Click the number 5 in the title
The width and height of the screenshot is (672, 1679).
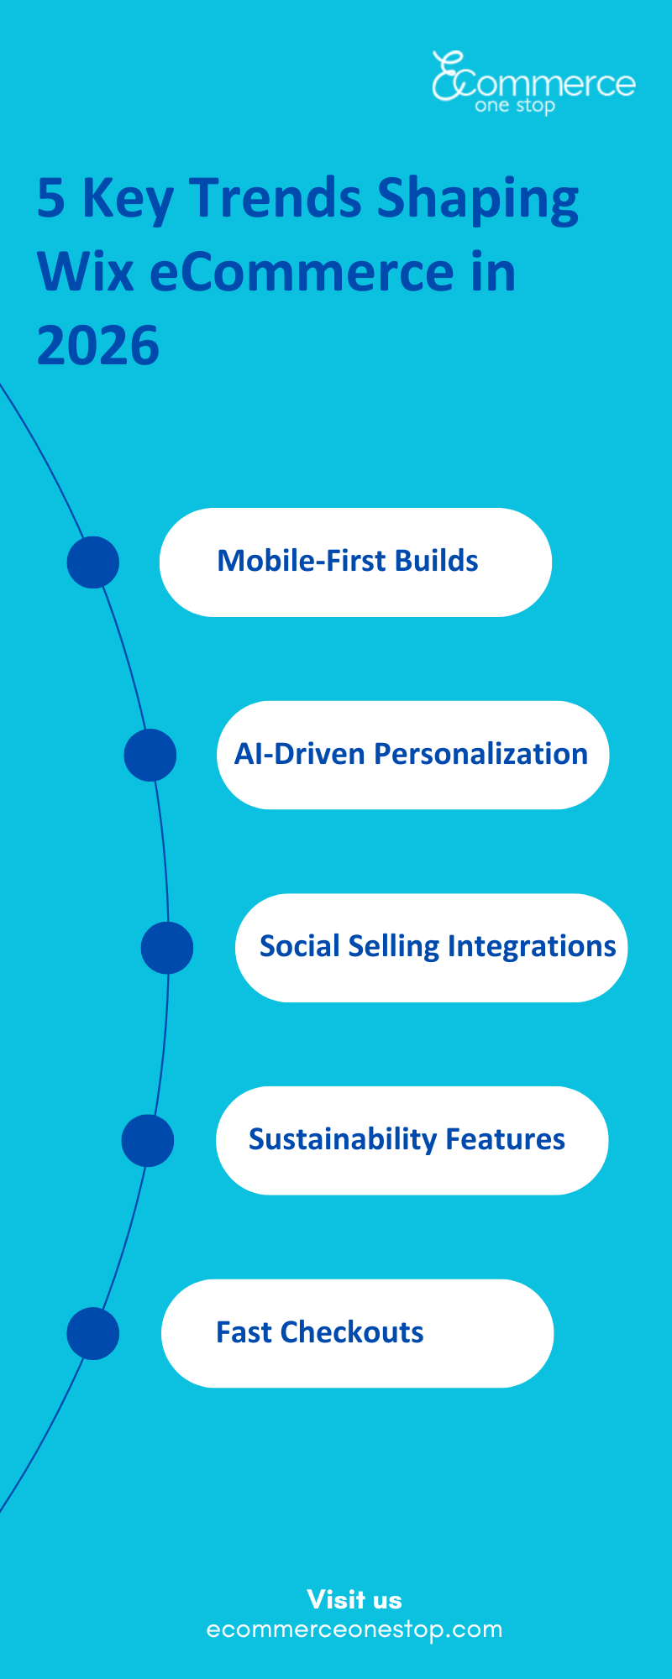click(x=51, y=199)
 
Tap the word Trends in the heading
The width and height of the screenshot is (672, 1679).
click(x=276, y=199)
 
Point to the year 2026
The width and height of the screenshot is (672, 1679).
click(x=97, y=346)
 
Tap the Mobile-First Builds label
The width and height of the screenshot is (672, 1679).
click(x=348, y=561)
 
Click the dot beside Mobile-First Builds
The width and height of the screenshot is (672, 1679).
click(x=92, y=562)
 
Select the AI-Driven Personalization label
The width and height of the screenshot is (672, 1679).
click(x=411, y=754)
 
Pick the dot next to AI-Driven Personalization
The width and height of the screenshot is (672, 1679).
click(x=150, y=755)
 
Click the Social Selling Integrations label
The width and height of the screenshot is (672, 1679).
click(x=438, y=946)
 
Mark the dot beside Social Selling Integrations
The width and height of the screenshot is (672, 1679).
click(x=167, y=948)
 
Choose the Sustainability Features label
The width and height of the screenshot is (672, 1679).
click(x=407, y=1139)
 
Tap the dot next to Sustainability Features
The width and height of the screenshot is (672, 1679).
click(x=148, y=1141)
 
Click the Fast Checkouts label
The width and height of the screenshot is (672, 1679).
click(x=320, y=1332)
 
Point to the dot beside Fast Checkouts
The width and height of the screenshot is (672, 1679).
click(x=92, y=1333)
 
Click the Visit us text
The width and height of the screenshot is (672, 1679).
click(x=354, y=1599)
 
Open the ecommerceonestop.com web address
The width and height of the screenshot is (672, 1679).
click(x=354, y=1629)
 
